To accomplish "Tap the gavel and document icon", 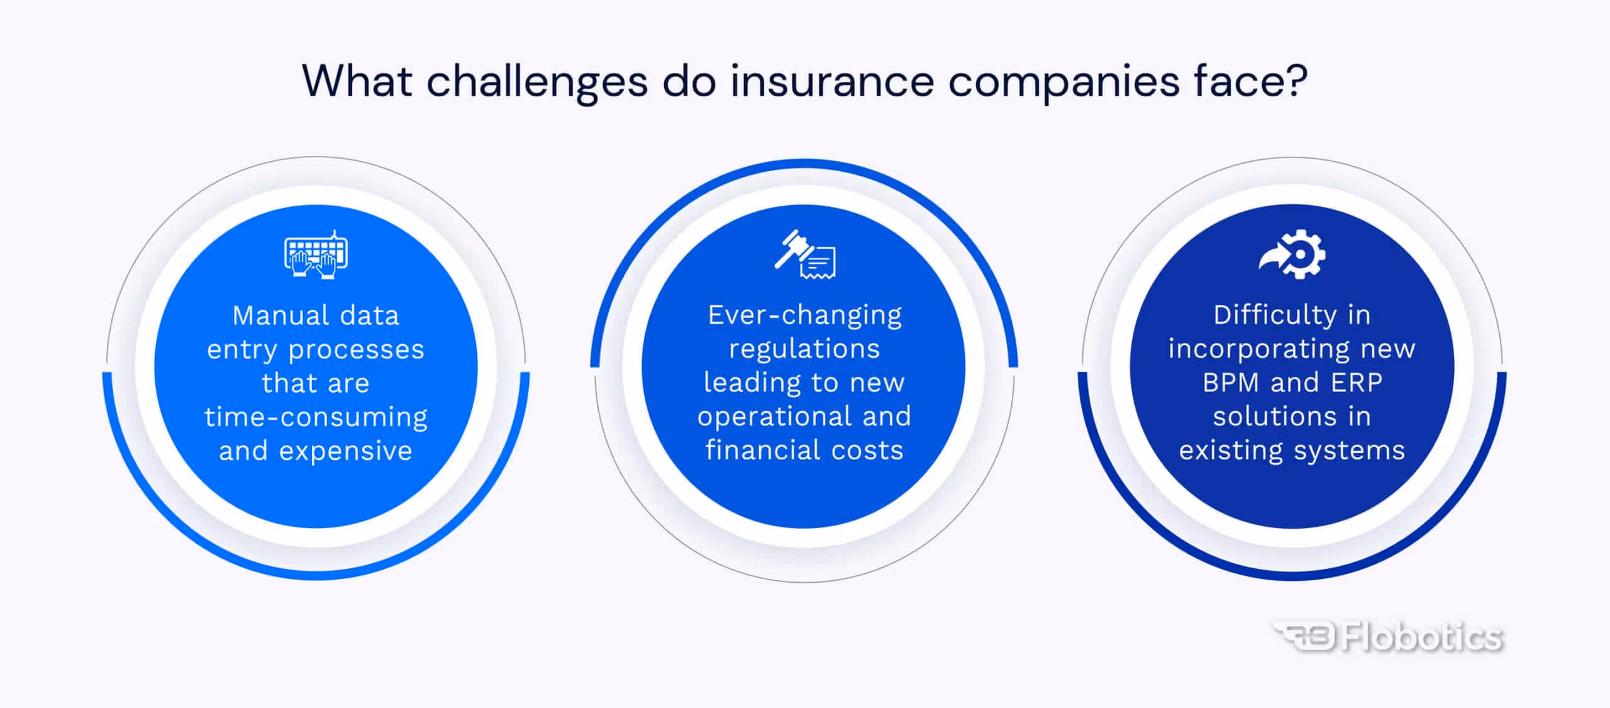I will click(x=805, y=254).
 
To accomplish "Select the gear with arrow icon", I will click(x=1292, y=254).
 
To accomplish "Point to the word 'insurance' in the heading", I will click(x=831, y=82).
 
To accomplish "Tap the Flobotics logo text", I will click(x=1421, y=637).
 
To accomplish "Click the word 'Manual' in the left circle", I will click(x=281, y=315).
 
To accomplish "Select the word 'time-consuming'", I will click(x=316, y=417).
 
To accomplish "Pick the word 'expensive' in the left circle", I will click(x=345, y=451).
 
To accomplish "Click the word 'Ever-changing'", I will click(x=804, y=315).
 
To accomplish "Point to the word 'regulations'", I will click(x=804, y=349).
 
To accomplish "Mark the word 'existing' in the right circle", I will click(x=1230, y=451).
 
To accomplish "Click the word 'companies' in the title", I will click(x=1063, y=82).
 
